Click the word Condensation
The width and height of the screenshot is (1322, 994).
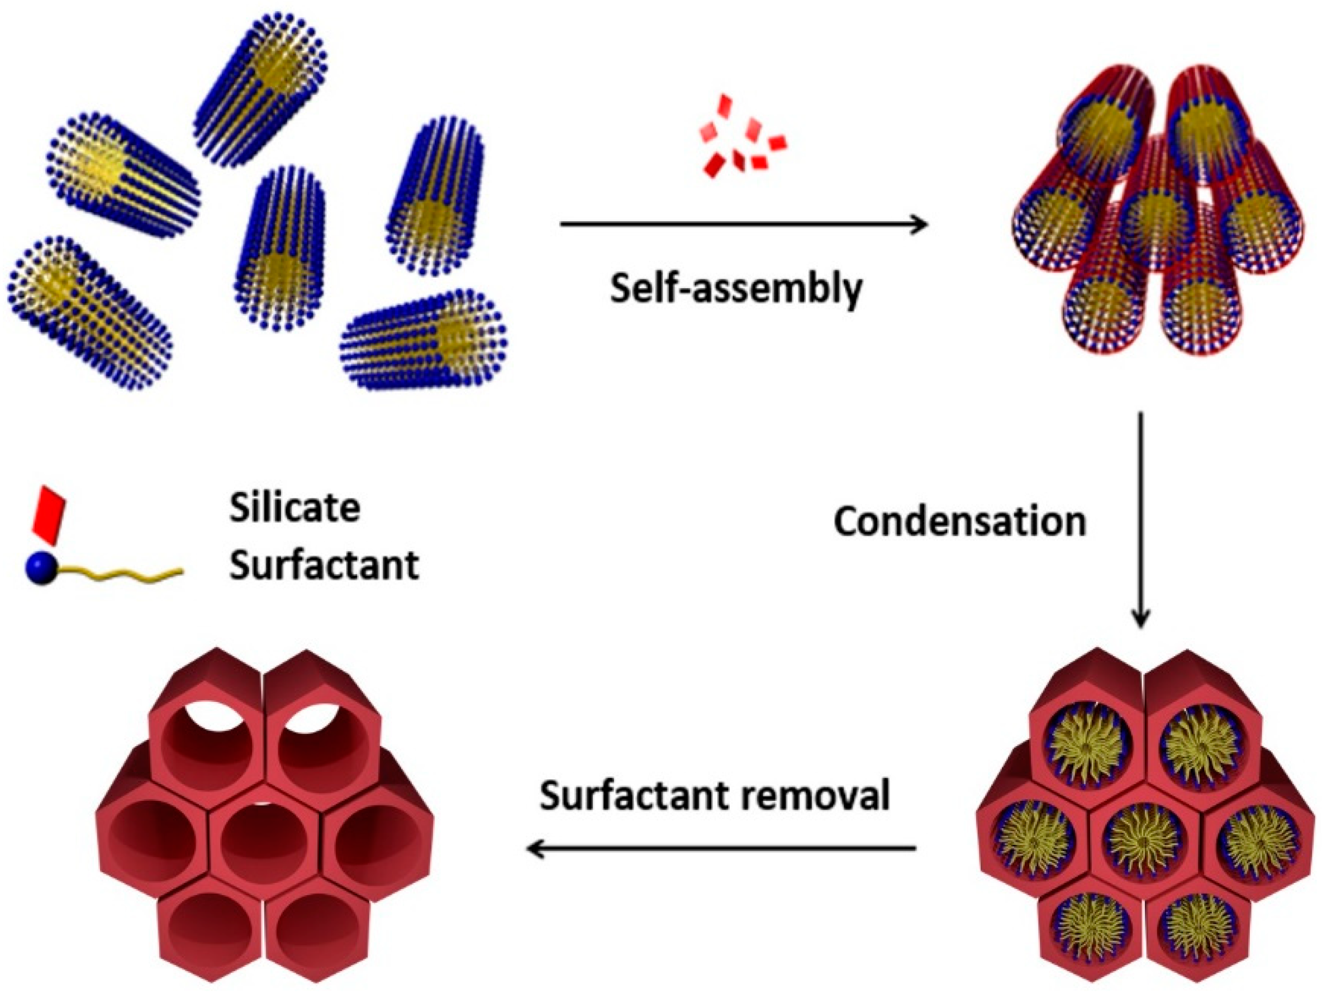click(959, 522)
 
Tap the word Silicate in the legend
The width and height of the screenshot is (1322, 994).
click(294, 508)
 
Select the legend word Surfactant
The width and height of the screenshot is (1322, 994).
click(324, 565)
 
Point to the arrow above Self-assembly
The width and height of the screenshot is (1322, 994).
click(744, 224)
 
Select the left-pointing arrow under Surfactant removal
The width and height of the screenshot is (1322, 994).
click(721, 848)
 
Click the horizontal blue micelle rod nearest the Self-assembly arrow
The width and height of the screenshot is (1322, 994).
click(423, 340)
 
